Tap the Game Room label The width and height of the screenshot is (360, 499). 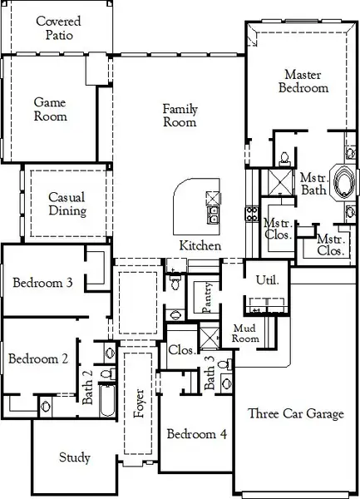click(50, 110)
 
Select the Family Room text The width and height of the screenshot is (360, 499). click(180, 116)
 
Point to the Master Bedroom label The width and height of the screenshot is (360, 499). click(303, 81)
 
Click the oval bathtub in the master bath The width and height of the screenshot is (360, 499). click(343, 181)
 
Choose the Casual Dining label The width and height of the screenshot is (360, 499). click(67, 204)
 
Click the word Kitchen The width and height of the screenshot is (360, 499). click(200, 246)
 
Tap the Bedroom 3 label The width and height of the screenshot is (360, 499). click(42, 284)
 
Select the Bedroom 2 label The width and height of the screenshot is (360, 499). click(37, 359)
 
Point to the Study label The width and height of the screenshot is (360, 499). click(75, 458)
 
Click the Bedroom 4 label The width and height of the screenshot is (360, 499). click(197, 434)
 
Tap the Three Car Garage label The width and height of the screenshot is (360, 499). click(295, 414)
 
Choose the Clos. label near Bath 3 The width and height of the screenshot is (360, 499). click(181, 350)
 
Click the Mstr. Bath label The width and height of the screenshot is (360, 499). click(312, 184)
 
